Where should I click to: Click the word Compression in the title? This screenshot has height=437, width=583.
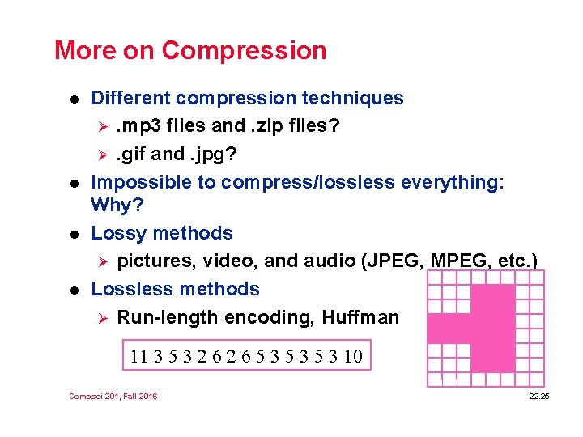(244, 50)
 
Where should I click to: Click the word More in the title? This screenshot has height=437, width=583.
(84, 50)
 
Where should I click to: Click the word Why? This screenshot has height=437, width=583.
(117, 205)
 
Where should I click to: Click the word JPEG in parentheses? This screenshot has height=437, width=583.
(395, 261)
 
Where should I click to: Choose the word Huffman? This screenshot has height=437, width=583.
(360, 317)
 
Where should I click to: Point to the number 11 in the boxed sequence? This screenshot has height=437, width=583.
(138, 356)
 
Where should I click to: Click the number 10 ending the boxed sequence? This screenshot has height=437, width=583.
(352, 356)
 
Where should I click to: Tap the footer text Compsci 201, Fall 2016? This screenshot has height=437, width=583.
(113, 396)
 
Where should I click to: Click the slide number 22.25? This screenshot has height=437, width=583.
(538, 396)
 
